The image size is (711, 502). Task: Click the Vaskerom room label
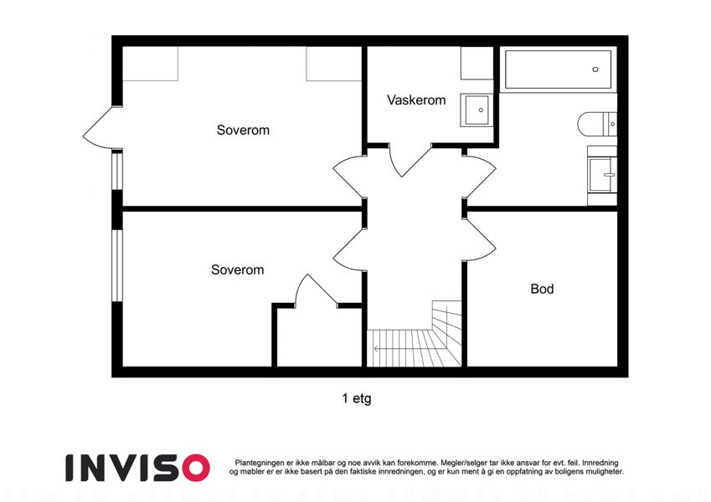click(x=416, y=100)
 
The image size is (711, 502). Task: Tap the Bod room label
click(x=542, y=289)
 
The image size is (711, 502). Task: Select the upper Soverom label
click(x=243, y=130)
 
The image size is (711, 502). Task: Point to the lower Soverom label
click(x=237, y=270)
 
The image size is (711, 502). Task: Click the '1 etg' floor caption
click(x=357, y=399)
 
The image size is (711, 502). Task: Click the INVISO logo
click(x=137, y=468)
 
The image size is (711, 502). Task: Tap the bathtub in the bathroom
click(x=559, y=69)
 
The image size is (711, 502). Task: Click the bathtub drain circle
click(x=595, y=69)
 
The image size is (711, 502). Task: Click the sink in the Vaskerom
click(x=475, y=110)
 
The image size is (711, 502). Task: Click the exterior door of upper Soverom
click(x=102, y=128)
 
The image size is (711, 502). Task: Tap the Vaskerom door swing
click(x=410, y=160)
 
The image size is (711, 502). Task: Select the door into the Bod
click(x=480, y=239)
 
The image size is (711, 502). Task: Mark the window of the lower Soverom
click(x=117, y=265)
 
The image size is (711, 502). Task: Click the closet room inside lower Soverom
click(x=319, y=337)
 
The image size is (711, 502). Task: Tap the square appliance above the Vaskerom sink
click(x=477, y=63)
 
